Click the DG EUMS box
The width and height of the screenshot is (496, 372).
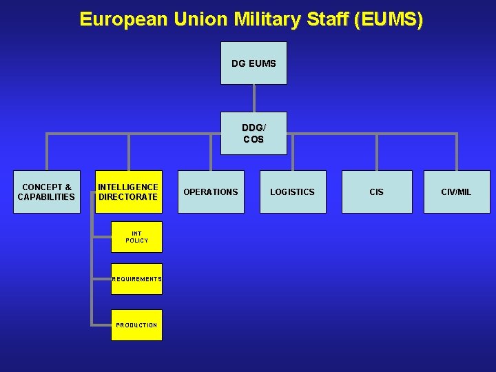tap(254, 63)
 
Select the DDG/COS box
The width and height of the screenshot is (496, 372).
tap(254, 134)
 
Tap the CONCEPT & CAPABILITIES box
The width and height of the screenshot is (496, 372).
tap(47, 192)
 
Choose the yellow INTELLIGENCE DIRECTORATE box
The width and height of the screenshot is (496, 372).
tap(128, 192)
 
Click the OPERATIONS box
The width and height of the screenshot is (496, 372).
tap(210, 192)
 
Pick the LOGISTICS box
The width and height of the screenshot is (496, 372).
tap(292, 192)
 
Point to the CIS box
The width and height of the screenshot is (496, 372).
tap(377, 192)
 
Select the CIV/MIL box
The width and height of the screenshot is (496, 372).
tap(456, 192)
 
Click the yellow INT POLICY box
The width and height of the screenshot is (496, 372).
tap(136, 237)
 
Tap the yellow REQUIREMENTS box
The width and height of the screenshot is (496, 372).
tap(136, 279)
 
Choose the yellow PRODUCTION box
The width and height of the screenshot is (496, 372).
tap(136, 324)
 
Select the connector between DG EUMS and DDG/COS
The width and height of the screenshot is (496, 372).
tap(254, 98)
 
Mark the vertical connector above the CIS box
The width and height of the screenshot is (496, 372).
tap(377, 152)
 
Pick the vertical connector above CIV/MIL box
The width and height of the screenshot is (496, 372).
tap(456, 152)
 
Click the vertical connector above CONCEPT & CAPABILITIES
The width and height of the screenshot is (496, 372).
tap(47, 152)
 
